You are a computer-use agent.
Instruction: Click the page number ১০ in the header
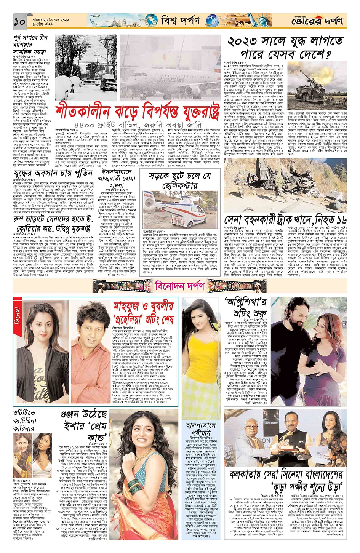(x=19, y=22)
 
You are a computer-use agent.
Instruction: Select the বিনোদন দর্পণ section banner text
(x=180, y=286)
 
